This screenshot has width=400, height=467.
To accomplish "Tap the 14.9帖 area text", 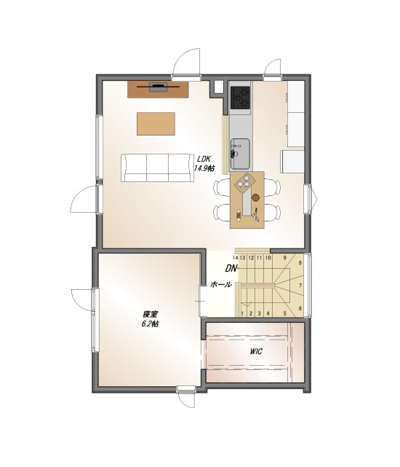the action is [x=204, y=168].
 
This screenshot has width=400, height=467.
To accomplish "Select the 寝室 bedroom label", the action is [x=151, y=314].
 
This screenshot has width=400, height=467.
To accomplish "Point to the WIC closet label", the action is [x=256, y=351].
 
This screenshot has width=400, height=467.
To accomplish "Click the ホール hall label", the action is [x=220, y=284].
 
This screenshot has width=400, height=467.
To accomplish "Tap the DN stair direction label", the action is [x=231, y=269].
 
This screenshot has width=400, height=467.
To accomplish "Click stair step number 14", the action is [x=236, y=257].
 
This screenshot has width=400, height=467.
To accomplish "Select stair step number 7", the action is [x=300, y=286].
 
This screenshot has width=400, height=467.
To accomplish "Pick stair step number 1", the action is [x=242, y=313].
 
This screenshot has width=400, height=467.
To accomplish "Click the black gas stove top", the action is [x=241, y=98].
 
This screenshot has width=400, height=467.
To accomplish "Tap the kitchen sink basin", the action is [x=240, y=154].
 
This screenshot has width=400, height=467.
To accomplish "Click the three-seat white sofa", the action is [x=156, y=168].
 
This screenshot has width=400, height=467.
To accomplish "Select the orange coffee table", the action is [x=156, y=124].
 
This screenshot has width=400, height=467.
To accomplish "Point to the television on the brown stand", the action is [x=159, y=87].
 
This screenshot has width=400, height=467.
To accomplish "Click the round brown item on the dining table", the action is [x=255, y=197].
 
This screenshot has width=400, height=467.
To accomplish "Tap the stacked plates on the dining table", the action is [x=247, y=181].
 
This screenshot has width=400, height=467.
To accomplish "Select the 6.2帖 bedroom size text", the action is [x=150, y=324].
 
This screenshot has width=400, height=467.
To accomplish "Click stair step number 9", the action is [x=284, y=258].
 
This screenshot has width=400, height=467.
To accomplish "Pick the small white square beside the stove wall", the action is [x=218, y=87].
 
